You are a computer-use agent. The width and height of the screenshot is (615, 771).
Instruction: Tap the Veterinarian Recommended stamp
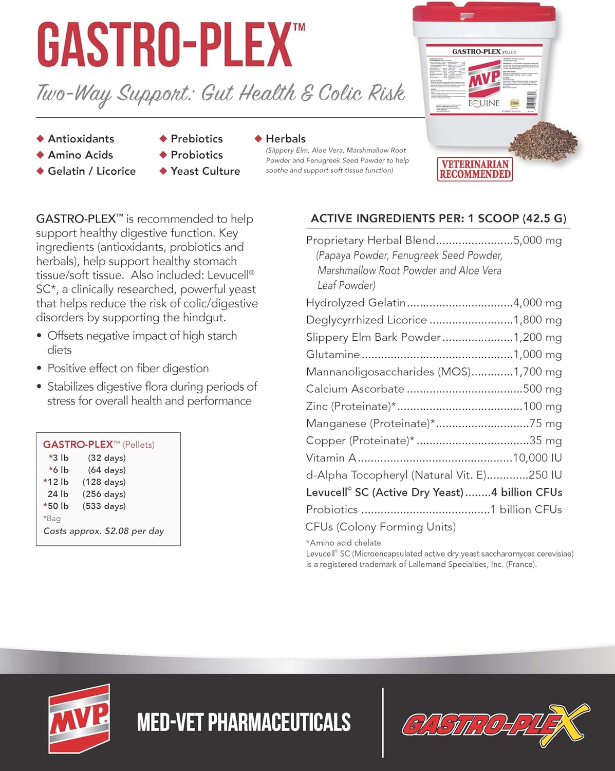coord(475,169)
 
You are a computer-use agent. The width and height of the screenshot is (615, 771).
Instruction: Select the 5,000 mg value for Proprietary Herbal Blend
coord(537,241)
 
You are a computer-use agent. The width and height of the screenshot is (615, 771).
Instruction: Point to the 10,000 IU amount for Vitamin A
coord(537,458)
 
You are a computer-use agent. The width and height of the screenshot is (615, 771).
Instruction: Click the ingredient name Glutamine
coord(332,355)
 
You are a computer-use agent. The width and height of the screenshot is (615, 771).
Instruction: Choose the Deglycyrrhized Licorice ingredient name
coord(366,320)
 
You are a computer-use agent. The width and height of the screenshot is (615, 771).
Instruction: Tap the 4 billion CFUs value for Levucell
coord(526,492)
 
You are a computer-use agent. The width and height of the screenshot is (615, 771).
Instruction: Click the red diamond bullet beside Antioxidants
coord(40,139)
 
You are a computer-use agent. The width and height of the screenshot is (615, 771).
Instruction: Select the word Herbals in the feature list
coord(285,139)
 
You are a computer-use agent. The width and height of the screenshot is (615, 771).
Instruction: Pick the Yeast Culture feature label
coord(205,171)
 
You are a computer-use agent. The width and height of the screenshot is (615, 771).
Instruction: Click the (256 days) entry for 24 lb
coord(104,494)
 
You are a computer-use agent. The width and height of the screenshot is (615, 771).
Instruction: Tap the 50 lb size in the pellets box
coord(58,506)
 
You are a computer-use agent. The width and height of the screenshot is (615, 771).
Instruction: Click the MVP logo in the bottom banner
coord(79,718)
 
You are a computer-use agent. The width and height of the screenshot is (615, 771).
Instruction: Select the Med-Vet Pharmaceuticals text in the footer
coord(244,722)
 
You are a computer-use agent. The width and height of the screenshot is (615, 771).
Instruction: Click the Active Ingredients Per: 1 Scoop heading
coord(438,218)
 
